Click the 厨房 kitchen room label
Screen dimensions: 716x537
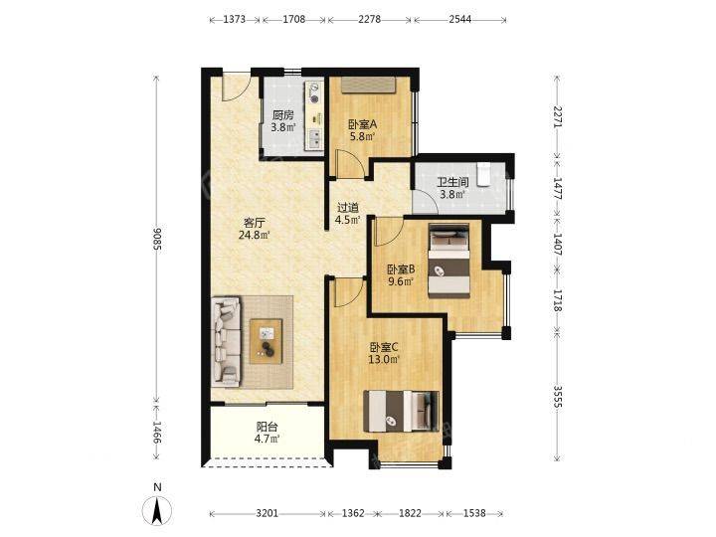click(x=282, y=115)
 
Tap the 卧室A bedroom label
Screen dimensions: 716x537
click(x=362, y=124)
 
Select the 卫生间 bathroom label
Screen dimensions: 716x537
click(x=452, y=183)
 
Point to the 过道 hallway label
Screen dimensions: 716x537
click(x=348, y=208)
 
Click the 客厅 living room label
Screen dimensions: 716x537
click(x=254, y=224)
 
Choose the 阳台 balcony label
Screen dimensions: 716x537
click(x=267, y=427)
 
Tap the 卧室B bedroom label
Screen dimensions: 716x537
click(x=401, y=269)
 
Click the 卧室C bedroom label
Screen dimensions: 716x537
click(x=384, y=347)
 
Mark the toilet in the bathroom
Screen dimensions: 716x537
click(x=483, y=175)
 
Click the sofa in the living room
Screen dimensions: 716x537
click(x=226, y=340)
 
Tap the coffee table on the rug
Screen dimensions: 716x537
click(x=266, y=341)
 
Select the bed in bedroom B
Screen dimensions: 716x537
click(x=448, y=261)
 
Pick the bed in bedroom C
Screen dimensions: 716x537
click(x=401, y=411)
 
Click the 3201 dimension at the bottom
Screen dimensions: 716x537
click(x=268, y=514)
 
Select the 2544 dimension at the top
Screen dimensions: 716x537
click(x=459, y=19)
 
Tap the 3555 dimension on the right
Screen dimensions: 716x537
click(x=558, y=397)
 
